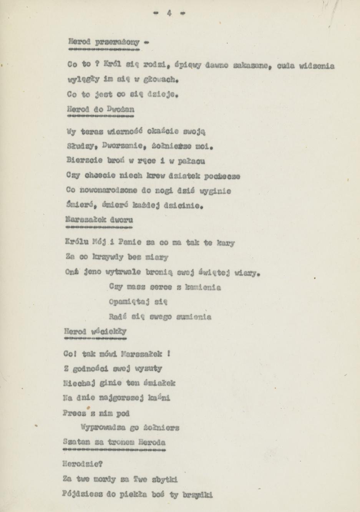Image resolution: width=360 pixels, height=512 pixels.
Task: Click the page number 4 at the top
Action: pos(169,13)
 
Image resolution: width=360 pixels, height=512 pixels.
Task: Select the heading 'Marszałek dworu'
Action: pos(100,220)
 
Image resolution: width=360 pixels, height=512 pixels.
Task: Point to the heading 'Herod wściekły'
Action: pos(96,331)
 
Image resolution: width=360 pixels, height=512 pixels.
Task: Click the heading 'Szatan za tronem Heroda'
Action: pos(114,442)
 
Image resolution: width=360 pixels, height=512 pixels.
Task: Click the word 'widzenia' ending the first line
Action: pos(317,66)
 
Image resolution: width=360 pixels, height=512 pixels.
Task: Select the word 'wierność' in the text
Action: pos(124,131)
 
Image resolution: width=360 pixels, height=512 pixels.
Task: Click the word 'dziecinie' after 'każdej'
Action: pos(182,206)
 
